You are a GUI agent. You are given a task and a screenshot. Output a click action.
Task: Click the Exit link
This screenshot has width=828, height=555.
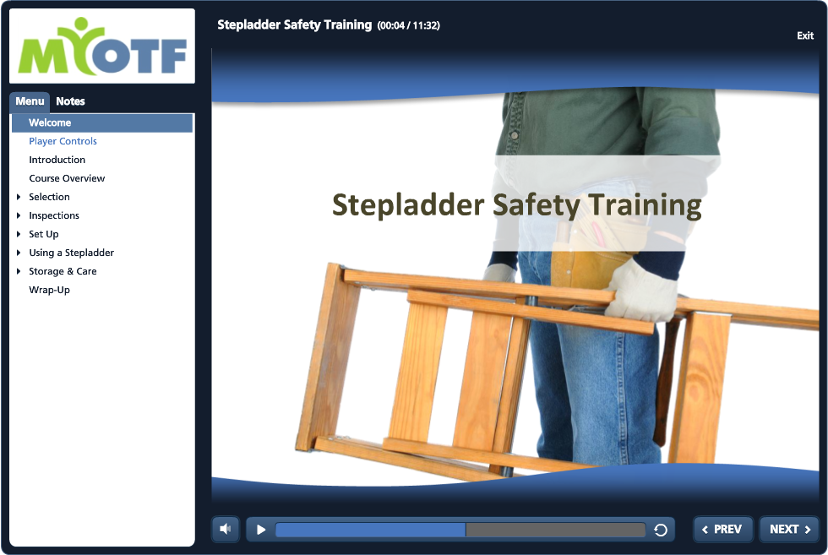804,35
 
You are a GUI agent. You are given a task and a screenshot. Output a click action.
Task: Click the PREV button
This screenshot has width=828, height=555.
722,529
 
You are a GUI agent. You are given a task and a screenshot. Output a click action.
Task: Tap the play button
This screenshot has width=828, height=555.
261,530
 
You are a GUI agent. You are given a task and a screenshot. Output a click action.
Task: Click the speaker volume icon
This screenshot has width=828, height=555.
226,529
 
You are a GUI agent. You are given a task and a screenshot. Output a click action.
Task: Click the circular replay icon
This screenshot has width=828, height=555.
661,530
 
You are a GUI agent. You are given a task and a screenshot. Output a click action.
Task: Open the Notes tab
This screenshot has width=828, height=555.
70,101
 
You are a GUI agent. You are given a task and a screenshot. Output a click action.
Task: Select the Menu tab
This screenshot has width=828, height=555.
30,101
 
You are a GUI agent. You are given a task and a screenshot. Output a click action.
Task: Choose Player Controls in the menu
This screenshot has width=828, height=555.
63,141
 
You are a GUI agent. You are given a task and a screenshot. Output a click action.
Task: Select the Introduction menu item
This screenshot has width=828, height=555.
57,160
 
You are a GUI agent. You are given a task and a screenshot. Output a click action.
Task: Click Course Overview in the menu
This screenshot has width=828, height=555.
67,178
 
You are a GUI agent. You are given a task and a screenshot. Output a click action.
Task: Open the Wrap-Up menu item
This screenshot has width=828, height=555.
50,290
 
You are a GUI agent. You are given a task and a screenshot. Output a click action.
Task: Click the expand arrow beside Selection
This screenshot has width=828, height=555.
19,197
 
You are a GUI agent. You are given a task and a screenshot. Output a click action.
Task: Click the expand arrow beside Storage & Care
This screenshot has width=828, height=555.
19,271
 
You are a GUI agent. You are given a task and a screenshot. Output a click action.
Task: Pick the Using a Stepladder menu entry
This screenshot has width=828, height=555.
71,253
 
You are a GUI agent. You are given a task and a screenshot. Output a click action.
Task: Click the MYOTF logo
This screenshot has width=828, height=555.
102,46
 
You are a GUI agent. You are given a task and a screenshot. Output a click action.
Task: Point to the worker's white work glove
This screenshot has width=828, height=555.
641,291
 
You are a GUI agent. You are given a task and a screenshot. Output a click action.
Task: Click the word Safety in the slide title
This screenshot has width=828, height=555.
536,205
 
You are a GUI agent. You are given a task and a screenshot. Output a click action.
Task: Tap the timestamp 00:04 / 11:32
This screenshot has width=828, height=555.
408,25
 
